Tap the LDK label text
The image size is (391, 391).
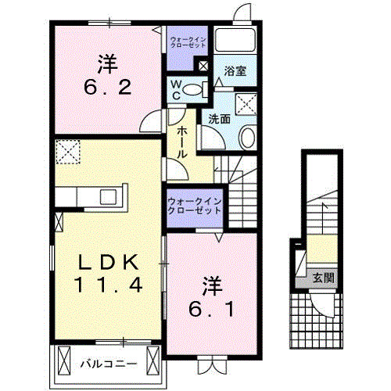coord(108,260)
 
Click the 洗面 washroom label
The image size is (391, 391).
coord(219,120)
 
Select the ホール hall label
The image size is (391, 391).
coord(181,144)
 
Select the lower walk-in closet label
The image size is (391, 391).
coord(194,206)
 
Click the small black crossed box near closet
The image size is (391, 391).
coord(204,66)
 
